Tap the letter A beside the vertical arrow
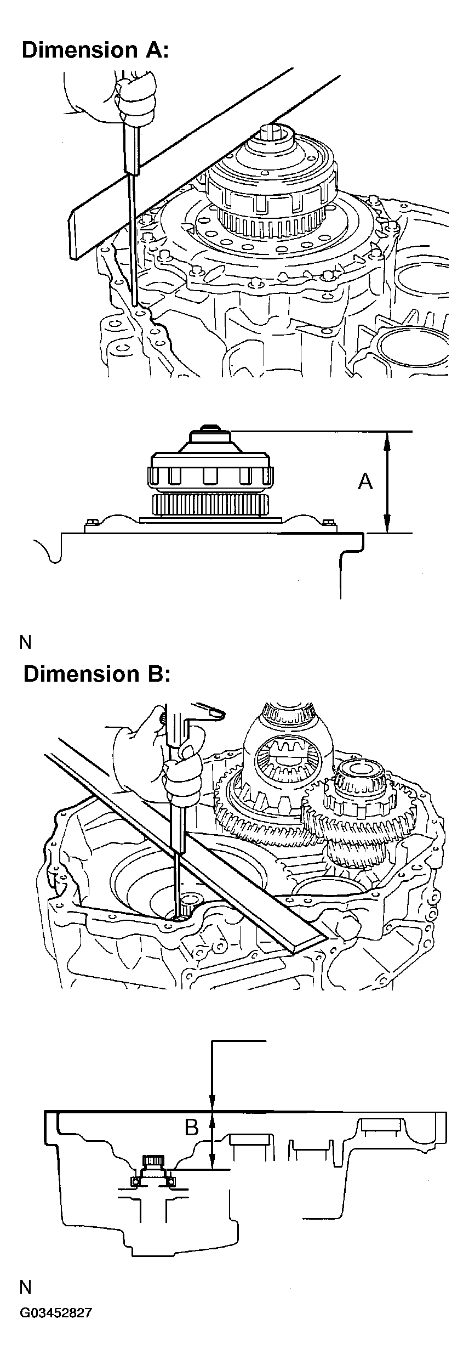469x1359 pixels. coord(365,482)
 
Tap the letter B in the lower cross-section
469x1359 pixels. coord(191,1128)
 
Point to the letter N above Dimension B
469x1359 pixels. coord(25,642)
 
